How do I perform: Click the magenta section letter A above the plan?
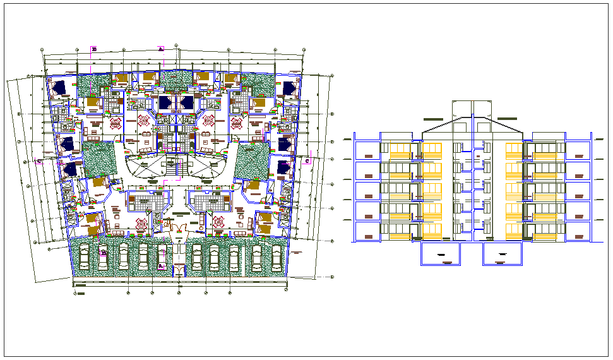[161, 48]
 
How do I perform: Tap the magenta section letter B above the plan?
[94, 49]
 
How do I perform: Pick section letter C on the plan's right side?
[307, 161]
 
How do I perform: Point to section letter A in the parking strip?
[161, 267]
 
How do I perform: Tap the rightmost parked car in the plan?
[277, 256]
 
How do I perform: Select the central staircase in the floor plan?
[171, 167]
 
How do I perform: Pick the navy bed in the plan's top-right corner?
[290, 87]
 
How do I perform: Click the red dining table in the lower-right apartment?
[219, 222]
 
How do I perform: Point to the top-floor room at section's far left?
[366, 152]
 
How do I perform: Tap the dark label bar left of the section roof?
[433, 119]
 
